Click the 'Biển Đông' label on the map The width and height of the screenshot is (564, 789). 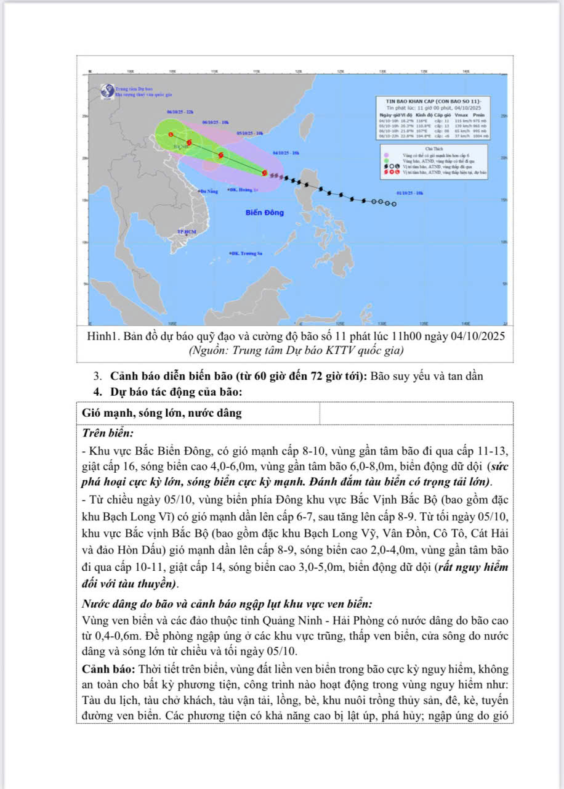265,213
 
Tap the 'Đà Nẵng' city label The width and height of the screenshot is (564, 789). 209,192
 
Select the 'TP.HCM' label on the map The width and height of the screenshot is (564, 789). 186,232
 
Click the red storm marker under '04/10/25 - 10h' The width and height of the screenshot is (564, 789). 265,173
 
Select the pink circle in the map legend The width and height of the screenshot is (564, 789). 386,155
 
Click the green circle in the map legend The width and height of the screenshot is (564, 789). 386,160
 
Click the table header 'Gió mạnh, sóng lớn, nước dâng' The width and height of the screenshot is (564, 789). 162,414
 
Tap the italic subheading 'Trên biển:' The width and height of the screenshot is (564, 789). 108,433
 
